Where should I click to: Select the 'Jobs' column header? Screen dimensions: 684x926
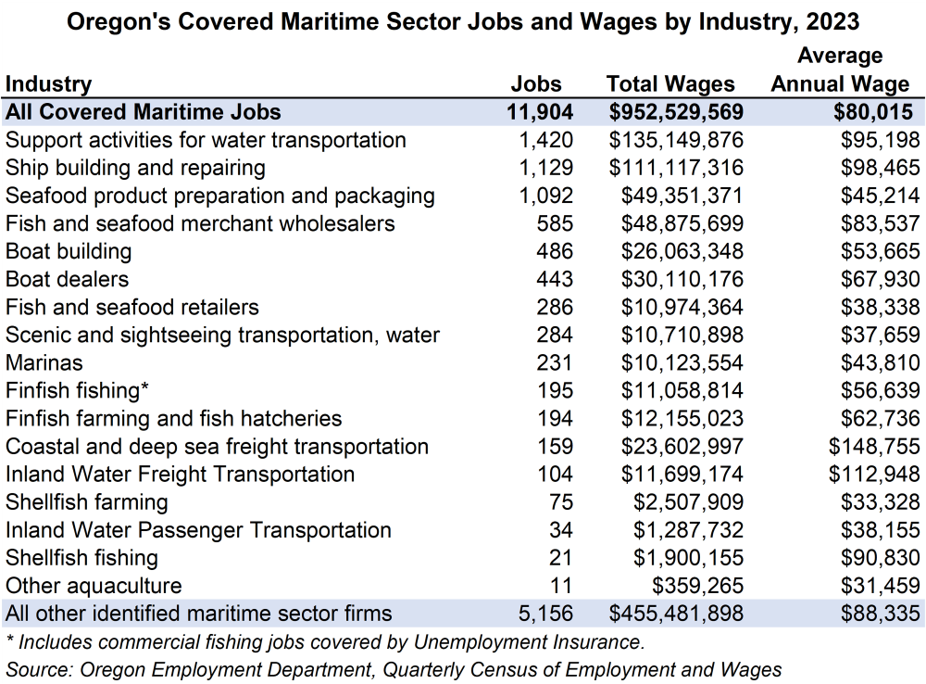click(536, 84)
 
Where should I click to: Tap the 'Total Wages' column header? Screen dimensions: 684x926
click(670, 84)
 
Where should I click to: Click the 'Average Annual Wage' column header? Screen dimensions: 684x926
click(840, 70)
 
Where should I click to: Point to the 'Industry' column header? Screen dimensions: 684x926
click(49, 84)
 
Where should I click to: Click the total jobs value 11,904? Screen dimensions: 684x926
click(540, 112)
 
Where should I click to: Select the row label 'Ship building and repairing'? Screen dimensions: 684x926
click(135, 168)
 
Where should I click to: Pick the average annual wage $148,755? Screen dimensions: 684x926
click(875, 447)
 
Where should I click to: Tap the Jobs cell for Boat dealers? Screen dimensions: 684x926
click(555, 279)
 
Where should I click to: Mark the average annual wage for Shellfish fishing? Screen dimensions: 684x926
click(881, 558)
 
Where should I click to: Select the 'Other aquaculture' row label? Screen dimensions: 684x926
click(94, 586)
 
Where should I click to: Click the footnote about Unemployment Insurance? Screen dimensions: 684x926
click(324, 641)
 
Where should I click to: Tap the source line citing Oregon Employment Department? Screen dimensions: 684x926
click(394, 669)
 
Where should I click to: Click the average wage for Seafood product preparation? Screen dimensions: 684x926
click(881, 196)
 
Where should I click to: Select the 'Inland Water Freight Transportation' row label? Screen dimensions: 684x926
click(180, 475)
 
